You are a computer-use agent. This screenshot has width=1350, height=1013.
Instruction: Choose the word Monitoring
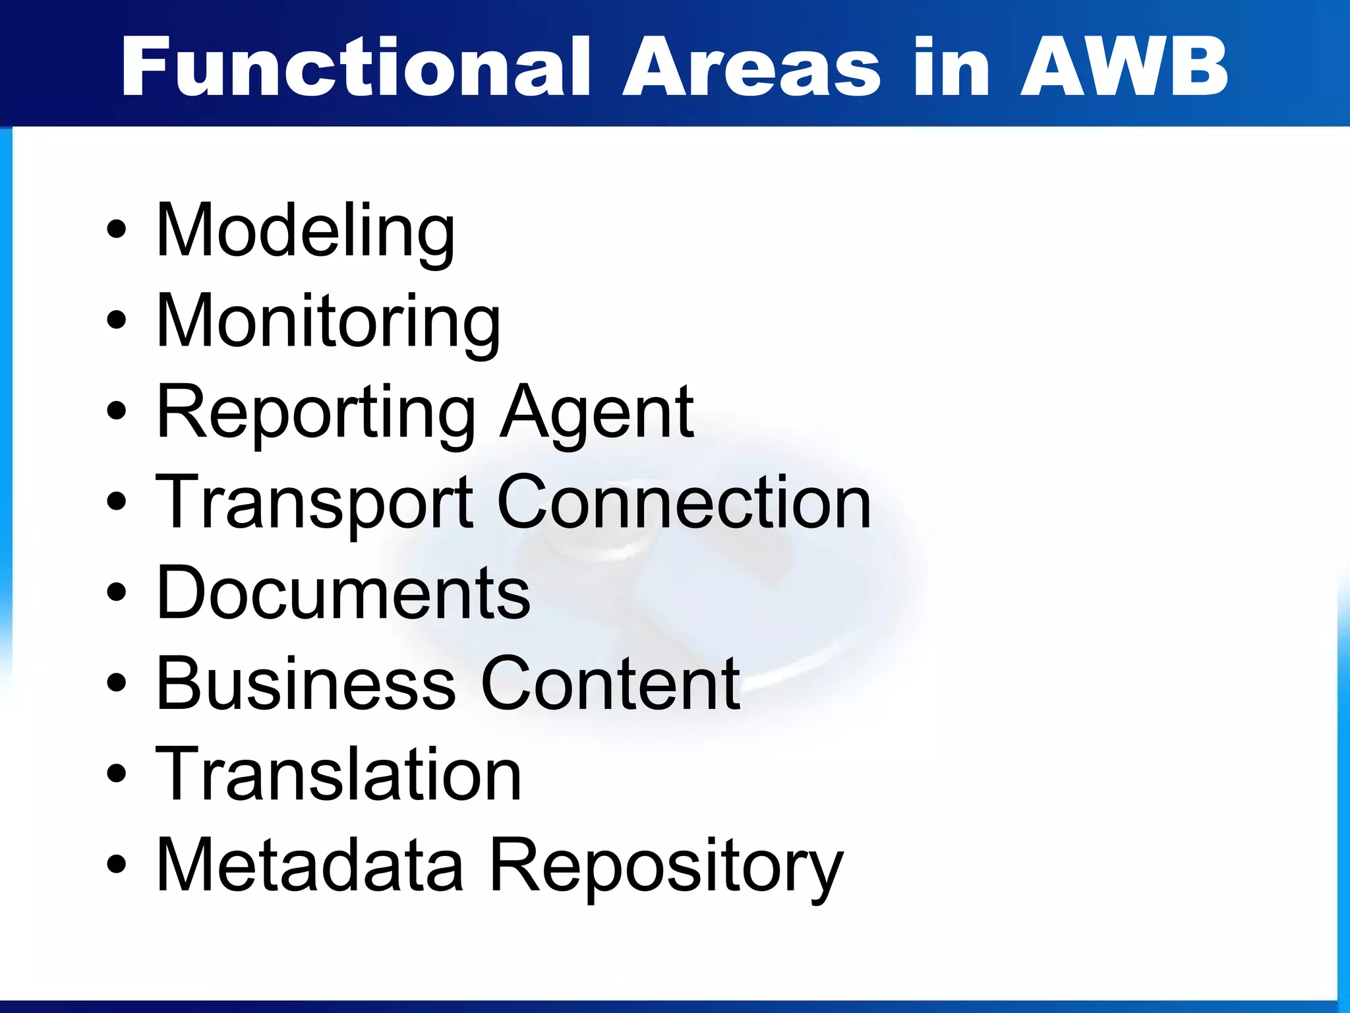(328, 322)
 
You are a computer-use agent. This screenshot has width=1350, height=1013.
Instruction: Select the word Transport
(314, 504)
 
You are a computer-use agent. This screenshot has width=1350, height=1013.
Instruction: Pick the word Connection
(684, 503)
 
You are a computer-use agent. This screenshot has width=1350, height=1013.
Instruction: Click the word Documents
(343, 593)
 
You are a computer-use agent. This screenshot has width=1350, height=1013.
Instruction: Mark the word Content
(610, 684)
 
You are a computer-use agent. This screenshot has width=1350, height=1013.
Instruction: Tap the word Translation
(338, 774)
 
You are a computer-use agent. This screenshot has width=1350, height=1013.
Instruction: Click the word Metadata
(310, 865)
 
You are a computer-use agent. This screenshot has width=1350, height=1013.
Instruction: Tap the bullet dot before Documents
(116, 592)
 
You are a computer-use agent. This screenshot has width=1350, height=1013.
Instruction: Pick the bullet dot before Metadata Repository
(116, 863)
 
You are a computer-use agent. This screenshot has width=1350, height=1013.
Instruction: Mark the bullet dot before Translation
(116, 773)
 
